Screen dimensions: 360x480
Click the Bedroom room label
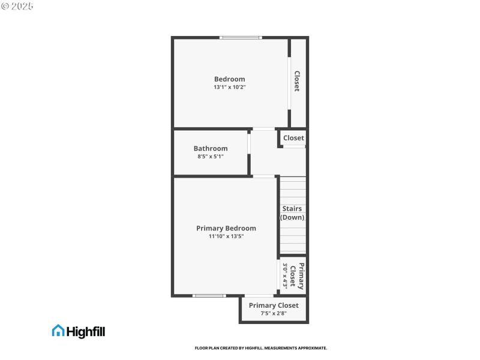[x=230, y=79]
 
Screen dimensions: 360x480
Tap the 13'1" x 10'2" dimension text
[x=230, y=87]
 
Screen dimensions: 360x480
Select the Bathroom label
[x=211, y=148]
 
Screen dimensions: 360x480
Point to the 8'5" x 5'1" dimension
[x=211, y=157]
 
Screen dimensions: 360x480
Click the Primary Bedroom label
[x=226, y=228]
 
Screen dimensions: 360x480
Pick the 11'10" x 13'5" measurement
[x=226, y=236]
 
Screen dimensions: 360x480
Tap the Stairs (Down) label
[x=292, y=213]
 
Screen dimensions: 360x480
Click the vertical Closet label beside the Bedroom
[x=296, y=81]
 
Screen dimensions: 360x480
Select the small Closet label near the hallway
[x=293, y=138]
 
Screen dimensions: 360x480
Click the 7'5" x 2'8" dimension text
[x=274, y=313]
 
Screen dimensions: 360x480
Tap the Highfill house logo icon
[x=58, y=331]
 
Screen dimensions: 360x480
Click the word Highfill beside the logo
[x=86, y=331]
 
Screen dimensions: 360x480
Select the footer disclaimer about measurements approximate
[x=261, y=348]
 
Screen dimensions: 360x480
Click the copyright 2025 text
[x=17, y=5]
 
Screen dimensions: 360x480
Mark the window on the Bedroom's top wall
[x=241, y=38]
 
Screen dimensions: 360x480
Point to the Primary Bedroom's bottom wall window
[x=209, y=295]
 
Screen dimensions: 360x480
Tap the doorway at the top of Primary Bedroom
[x=263, y=176]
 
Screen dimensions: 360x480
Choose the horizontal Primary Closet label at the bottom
[x=274, y=305]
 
